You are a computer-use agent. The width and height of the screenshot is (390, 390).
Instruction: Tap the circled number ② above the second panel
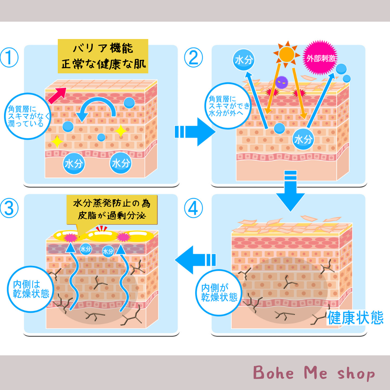(194, 58)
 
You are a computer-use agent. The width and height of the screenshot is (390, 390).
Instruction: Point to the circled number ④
(194, 208)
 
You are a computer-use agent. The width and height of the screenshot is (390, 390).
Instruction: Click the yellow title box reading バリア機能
(103, 56)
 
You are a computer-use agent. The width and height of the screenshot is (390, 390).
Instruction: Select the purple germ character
(281, 83)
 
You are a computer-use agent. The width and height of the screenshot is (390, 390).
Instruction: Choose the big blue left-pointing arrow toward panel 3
(195, 259)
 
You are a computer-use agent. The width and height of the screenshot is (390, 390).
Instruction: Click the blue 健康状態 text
(355, 318)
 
